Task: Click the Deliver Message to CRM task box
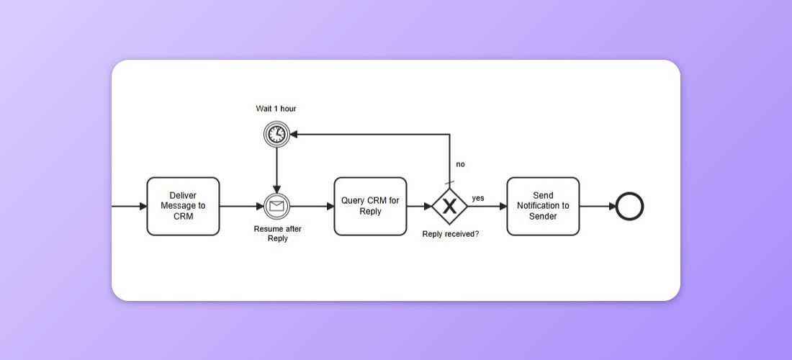pos(183,206)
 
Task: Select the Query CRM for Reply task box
pos(370,206)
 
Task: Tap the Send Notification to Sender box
pos(543,206)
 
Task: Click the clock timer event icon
pos(276,134)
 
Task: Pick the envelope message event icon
pos(276,207)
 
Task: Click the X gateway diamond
pos(450,207)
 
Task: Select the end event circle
pos(630,207)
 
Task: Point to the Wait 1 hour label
pos(276,109)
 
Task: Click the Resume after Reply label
pos(277,233)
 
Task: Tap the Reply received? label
pos(450,234)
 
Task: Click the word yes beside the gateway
pos(478,197)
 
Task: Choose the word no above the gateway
pos(460,164)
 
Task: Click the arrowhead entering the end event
pos(612,207)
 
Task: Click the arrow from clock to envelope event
pos(276,170)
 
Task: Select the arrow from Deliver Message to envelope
pos(241,207)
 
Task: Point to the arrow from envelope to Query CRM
pos(311,207)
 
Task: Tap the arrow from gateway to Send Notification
pos(487,207)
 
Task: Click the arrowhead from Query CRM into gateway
pos(428,207)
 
